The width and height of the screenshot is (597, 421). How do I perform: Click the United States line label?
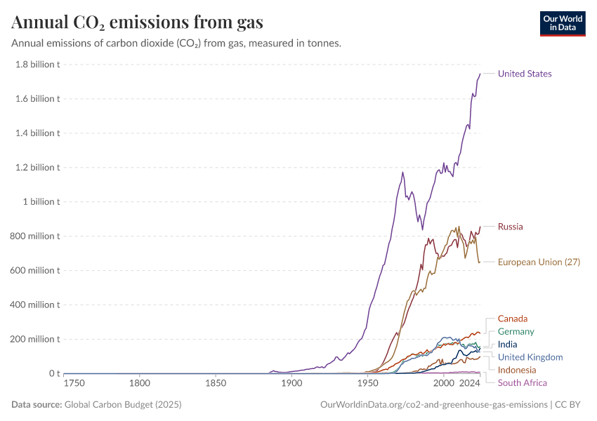point(525,74)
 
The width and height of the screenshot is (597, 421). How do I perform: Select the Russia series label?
point(510,227)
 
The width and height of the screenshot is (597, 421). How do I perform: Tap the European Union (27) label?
point(539,262)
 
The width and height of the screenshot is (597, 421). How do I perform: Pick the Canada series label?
point(512,319)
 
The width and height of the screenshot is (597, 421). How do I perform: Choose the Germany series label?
point(516,331)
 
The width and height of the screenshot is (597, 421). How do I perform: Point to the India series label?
point(507,345)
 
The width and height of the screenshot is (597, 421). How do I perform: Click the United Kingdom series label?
point(530,357)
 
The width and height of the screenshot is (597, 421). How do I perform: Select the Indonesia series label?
point(517,370)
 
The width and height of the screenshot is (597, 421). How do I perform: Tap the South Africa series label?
point(522,382)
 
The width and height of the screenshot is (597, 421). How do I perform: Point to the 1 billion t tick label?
point(41,202)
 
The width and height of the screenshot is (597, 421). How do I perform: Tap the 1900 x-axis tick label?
point(291,385)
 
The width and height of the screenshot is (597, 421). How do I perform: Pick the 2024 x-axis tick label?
point(468,385)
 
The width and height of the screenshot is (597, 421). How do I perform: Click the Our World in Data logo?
point(562,23)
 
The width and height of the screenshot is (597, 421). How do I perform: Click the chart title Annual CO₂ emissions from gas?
point(137,22)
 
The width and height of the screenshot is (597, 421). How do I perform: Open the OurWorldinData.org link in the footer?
point(433,405)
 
